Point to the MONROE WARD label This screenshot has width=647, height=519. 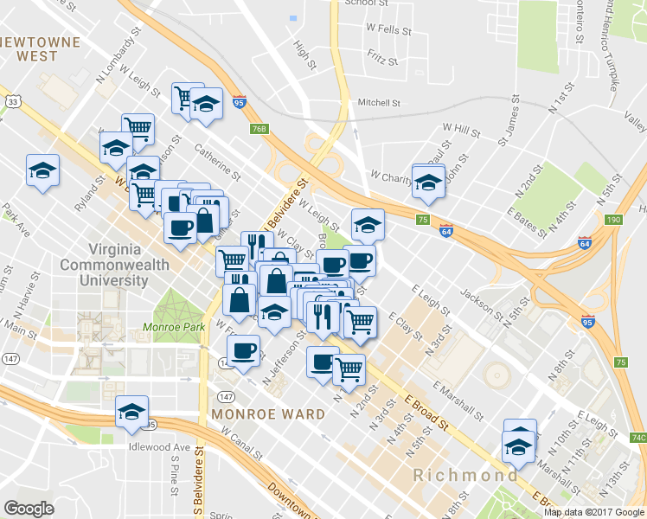tap(269, 414)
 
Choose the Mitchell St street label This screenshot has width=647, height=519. tap(379, 102)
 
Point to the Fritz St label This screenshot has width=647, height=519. tap(381, 61)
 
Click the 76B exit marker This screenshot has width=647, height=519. tap(261, 130)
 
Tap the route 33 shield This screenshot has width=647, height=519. tap(13, 101)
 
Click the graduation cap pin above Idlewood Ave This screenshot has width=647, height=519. tap(132, 414)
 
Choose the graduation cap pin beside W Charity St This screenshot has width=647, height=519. tap(427, 181)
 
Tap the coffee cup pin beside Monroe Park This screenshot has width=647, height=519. tap(243, 350)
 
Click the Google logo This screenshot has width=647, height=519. tap(29, 509)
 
